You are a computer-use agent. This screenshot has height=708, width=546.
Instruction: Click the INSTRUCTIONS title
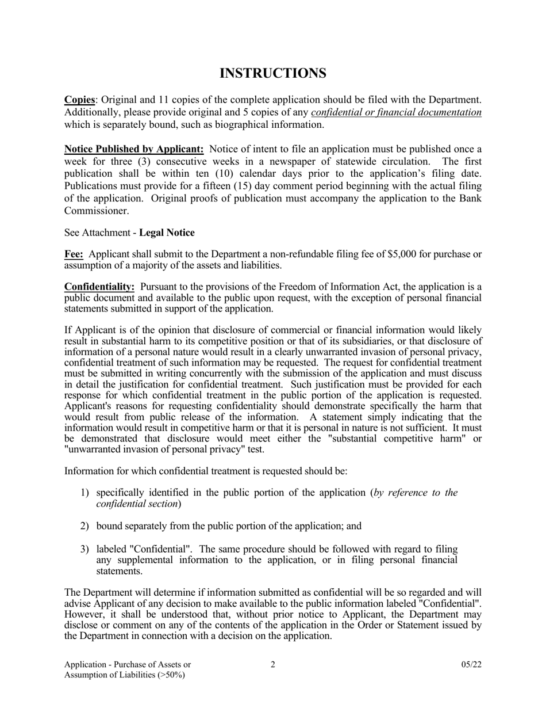click(x=273, y=74)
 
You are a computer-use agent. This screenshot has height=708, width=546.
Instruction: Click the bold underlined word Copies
click(x=79, y=100)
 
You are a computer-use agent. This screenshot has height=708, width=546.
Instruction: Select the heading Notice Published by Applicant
click(x=134, y=150)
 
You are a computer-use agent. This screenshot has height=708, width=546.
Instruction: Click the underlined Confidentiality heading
click(x=99, y=287)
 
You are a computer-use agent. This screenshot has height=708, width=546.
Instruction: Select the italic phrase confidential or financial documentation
click(x=396, y=112)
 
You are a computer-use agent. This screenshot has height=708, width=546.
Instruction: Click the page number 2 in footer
click(x=273, y=664)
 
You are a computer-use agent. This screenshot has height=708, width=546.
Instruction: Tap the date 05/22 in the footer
click(x=471, y=664)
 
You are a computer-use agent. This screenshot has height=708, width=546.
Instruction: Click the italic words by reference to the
click(x=416, y=493)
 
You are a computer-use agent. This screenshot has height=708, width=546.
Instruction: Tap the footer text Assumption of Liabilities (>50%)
click(x=125, y=675)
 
